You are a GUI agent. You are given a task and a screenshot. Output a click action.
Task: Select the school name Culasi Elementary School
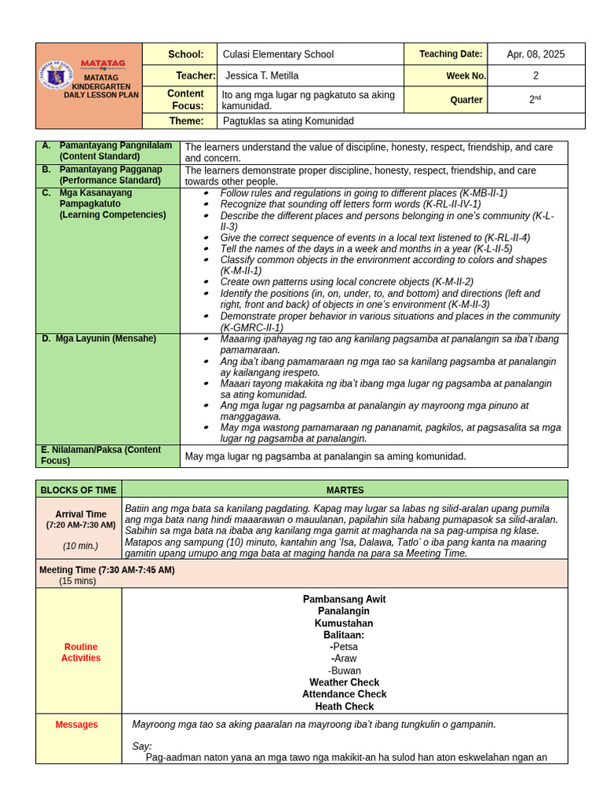278,54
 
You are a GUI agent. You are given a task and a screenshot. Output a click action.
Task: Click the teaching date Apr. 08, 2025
535,54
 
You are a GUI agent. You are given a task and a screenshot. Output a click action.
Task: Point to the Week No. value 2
535,75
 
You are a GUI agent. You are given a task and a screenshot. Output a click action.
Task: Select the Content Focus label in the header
185,100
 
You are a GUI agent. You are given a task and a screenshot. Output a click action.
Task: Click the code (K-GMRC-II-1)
252,327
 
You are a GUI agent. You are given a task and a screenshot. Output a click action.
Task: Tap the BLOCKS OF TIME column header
79,489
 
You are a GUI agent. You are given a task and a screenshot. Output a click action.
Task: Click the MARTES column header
345,489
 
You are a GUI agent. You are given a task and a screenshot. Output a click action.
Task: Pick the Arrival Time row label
81,514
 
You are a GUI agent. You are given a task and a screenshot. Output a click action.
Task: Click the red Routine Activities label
81,652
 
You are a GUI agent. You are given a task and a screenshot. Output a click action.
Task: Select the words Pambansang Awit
344,599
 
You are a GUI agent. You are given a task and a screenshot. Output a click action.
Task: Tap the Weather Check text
344,682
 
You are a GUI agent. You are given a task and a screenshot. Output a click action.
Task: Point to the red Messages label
76,724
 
